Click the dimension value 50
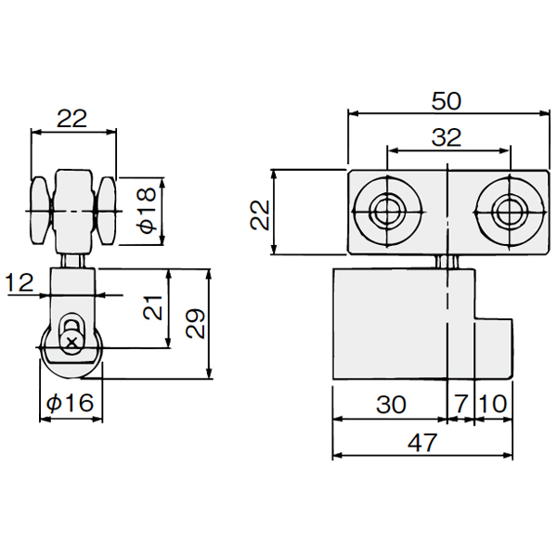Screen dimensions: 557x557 tap(447, 101)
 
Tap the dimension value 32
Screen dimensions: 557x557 tap(447, 137)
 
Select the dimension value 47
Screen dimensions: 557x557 tap(422, 443)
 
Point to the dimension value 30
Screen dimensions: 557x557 tap(391, 404)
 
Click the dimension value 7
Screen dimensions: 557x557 tap(460, 404)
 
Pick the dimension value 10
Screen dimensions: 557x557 tap(493, 404)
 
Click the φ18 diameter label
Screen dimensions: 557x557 tap(148, 211)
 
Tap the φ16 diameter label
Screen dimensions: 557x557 tap(70, 403)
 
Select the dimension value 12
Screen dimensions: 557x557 tap(19, 283)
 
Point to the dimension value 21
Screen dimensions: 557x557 tap(153, 307)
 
